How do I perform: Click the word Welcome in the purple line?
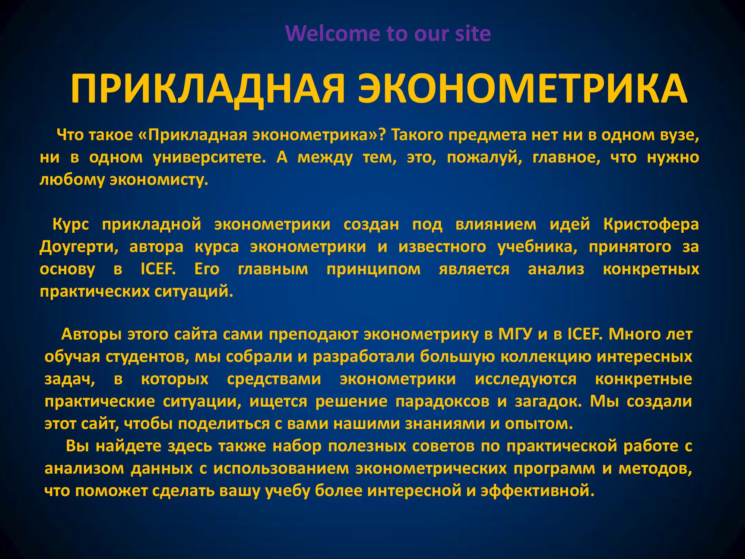click(x=333, y=33)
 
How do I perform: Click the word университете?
click(x=210, y=157)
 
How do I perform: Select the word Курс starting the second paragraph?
click(x=71, y=224)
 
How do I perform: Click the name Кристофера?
click(x=651, y=224)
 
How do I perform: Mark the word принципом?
click(x=374, y=269)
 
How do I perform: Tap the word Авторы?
click(x=92, y=334)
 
